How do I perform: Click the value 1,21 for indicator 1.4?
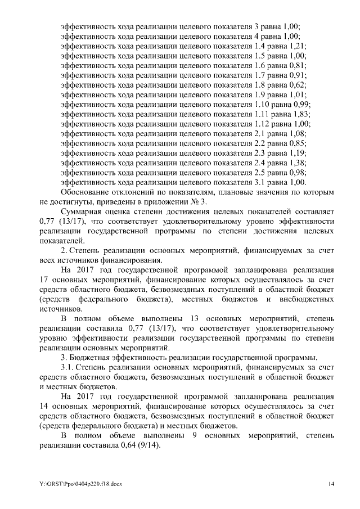pos(298,47)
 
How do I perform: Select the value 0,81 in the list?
pos(298,66)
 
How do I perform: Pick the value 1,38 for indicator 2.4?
pos(298,163)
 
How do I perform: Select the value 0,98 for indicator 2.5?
pos(298,172)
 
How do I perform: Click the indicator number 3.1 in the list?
pos(260,182)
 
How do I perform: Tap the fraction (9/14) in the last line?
pos(148,445)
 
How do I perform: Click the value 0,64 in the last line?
pos(125,445)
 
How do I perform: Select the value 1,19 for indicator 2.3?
pos(298,153)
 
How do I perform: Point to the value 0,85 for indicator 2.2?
pos(298,143)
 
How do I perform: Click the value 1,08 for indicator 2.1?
pos(298,133)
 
